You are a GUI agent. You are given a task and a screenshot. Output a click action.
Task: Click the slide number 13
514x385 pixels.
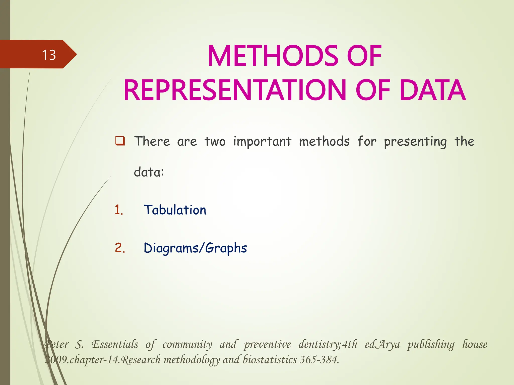[49, 55]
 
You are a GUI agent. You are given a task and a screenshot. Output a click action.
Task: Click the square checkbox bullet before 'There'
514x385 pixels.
[120, 141]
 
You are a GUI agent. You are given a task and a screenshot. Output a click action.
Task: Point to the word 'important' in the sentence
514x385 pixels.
[262, 142]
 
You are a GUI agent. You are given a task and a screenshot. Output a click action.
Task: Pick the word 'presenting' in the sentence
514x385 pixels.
[415, 142]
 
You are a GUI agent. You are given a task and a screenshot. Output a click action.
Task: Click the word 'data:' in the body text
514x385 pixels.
[149, 172]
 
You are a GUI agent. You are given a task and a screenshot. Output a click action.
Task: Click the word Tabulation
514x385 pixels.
[175, 210]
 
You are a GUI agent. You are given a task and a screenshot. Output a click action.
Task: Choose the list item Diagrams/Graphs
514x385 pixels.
[195, 248]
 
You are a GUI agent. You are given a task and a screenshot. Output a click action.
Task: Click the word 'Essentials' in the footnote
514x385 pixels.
[115, 344]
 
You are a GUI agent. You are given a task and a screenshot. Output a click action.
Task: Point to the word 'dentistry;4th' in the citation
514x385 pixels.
[328, 344]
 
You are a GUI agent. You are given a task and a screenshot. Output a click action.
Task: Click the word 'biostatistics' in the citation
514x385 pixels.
[270, 360]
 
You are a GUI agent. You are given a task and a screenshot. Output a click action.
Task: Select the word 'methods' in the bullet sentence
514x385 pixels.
[324, 142]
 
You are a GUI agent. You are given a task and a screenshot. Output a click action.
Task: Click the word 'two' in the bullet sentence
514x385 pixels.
[215, 142]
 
